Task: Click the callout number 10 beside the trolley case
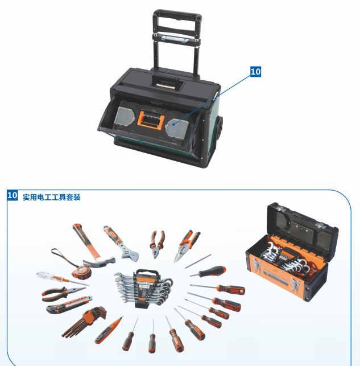[255, 72]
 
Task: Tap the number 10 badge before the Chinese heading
[13, 195]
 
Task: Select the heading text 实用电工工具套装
[52, 198]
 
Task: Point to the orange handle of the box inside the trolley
[151, 120]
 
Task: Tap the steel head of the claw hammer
[99, 261]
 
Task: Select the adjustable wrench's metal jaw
[130, 254]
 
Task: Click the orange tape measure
[81, 272]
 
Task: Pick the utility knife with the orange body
[69, 305]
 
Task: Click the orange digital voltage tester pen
[109, 330]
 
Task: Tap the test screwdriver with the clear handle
[63, 279]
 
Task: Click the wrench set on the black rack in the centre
[143, 287]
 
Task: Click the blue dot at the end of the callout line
[173, 125]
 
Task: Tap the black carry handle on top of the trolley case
[166, 82]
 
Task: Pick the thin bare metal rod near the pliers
[198, 261]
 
